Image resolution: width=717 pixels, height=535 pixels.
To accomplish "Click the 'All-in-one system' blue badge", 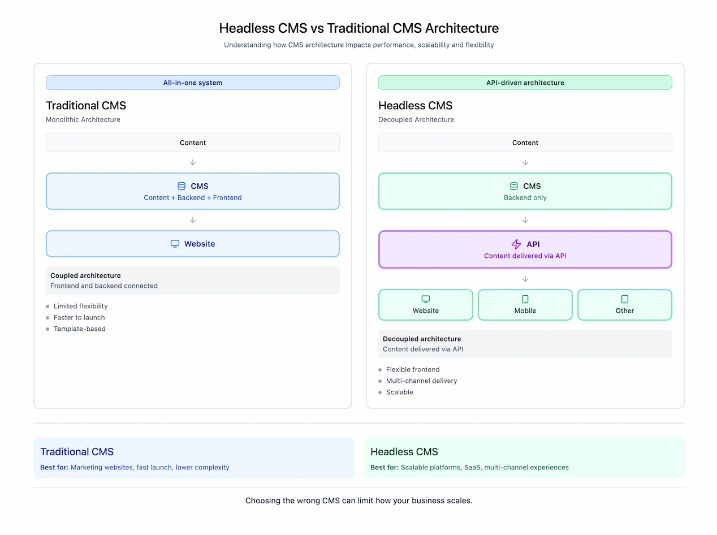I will click(193, 83).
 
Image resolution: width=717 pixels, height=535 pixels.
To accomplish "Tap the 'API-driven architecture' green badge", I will click(525, 83).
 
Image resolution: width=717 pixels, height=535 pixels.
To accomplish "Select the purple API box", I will click(525, 249).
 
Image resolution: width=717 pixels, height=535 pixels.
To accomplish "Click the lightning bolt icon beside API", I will click(516, 244).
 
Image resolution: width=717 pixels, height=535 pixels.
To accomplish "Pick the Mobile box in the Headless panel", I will click(525, 305).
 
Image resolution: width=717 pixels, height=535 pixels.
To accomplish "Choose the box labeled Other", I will click(624, 305).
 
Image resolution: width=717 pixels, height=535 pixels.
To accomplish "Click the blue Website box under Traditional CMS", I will click(193, 244).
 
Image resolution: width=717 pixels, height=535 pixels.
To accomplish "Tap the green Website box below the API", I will click(425, 305).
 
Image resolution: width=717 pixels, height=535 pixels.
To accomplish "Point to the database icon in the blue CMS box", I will click(182, 186).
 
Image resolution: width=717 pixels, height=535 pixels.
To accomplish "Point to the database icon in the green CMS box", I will click(514, 186).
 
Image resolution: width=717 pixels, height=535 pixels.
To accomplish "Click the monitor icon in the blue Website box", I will click(175, 244).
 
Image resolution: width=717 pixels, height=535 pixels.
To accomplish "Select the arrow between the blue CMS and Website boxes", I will click(193, 220).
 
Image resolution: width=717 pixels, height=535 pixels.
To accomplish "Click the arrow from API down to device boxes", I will click(525, 279).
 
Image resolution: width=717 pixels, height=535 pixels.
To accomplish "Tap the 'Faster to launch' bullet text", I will click(79, 317).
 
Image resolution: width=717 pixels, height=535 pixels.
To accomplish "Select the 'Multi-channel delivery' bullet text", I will click(421, 381).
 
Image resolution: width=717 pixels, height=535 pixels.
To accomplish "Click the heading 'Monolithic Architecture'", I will click(83, 119).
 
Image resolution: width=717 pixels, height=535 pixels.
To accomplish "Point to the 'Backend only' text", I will click(525, 198).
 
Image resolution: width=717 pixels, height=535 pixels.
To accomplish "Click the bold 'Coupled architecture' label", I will click(85, 275).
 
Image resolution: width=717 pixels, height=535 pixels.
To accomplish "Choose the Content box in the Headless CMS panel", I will click(525, 143).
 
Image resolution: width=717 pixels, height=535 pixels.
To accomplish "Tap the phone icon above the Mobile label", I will click(525, 299).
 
